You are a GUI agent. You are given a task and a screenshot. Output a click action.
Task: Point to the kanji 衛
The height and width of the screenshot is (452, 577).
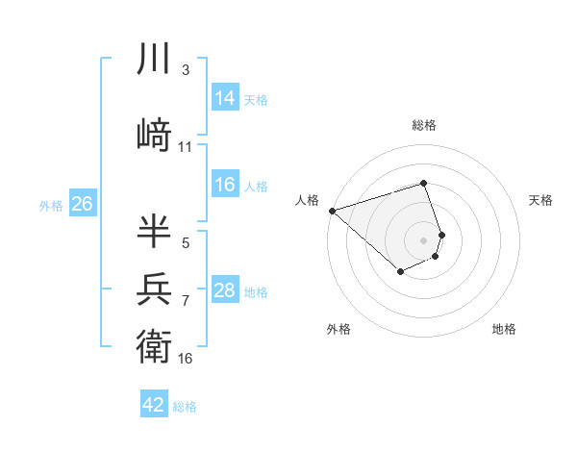155,344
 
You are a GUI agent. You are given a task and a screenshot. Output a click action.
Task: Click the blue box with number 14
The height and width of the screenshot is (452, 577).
225,98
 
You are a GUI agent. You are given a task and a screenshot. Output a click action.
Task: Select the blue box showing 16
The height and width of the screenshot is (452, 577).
225,185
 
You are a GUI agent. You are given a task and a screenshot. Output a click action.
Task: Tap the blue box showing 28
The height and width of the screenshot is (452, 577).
225,290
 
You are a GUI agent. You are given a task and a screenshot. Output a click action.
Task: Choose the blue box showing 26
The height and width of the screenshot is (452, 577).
82,204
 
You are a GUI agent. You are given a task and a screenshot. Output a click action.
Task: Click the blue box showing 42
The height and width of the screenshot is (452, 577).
154,405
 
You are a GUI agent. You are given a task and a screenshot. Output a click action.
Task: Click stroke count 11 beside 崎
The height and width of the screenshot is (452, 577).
186,147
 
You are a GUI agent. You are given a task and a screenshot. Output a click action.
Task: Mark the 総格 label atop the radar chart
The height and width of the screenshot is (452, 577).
424,125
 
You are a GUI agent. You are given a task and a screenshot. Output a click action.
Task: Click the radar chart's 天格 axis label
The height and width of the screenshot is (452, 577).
541,200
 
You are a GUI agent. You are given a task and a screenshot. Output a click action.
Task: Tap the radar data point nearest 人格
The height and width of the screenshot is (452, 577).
332,210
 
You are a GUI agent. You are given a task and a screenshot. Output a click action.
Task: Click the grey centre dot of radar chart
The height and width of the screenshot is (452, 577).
424,239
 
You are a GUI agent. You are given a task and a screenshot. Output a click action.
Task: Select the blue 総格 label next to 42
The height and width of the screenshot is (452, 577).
186,406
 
